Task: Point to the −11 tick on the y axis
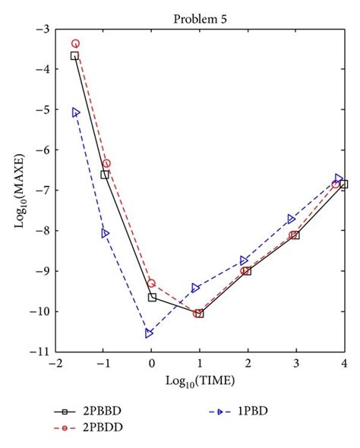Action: [x=41, y=352]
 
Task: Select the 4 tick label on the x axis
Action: [x=344, y=364]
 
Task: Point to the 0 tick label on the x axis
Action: [x=151, y=364]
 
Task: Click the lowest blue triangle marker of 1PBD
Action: [x=149, y=333]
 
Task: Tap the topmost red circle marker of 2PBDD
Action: [x=75, y=44]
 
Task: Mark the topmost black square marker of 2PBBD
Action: [x=74, y=55]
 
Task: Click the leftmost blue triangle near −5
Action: [x=75, y=112]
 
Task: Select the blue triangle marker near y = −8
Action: [x=105, y=233]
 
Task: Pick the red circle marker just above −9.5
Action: [x=151, y=283]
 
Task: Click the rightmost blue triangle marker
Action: [x=339, y=178]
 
